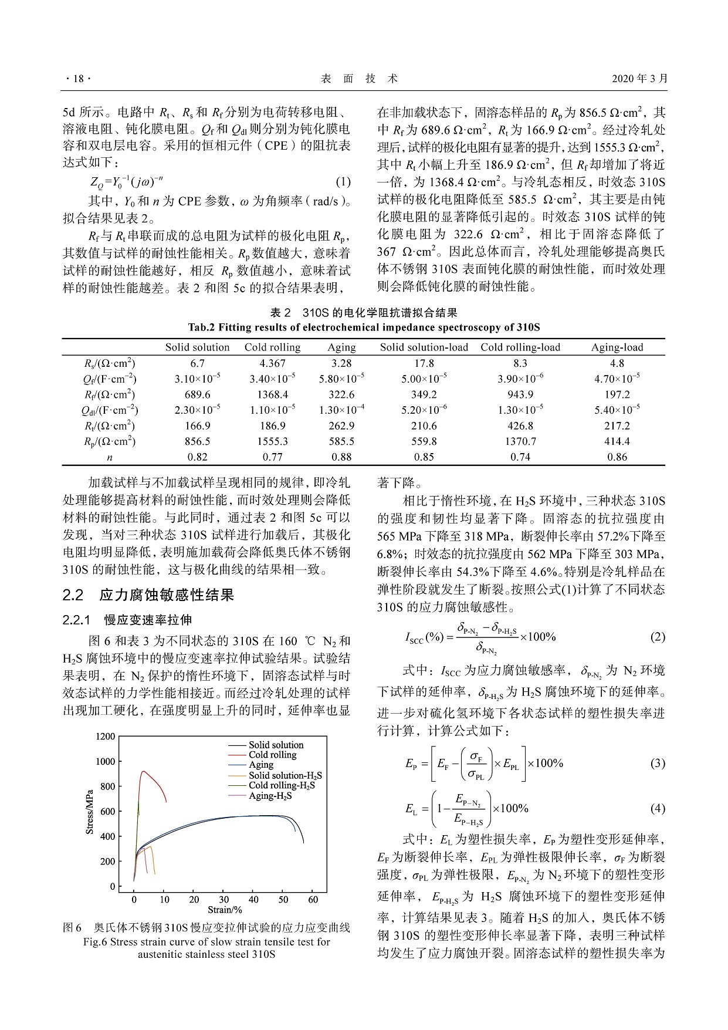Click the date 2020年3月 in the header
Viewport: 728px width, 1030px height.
coord(640,79)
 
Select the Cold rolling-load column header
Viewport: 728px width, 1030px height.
coord(520,347)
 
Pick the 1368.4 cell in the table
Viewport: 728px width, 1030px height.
coord(272,394)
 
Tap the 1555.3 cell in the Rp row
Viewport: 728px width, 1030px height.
coord(272,441)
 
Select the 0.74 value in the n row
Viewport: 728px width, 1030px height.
coord(520,457)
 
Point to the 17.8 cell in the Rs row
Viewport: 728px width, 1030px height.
coord(424,363)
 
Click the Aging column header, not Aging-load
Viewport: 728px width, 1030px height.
coord(341,347)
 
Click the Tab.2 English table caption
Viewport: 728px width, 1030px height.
coord(364,327)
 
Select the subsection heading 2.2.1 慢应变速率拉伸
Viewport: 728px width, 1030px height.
coord(127,620)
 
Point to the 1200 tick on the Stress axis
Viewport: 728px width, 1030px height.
coord(106,737)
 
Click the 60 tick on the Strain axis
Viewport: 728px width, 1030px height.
coord(313,899)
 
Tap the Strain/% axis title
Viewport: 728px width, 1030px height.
coord(225,910)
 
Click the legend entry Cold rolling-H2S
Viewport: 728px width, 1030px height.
coord(282,785)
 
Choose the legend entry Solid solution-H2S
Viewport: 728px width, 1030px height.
coord(285,775)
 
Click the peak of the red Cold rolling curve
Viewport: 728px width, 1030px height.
coord(143,771)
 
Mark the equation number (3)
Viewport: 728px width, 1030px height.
coord(658,763)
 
